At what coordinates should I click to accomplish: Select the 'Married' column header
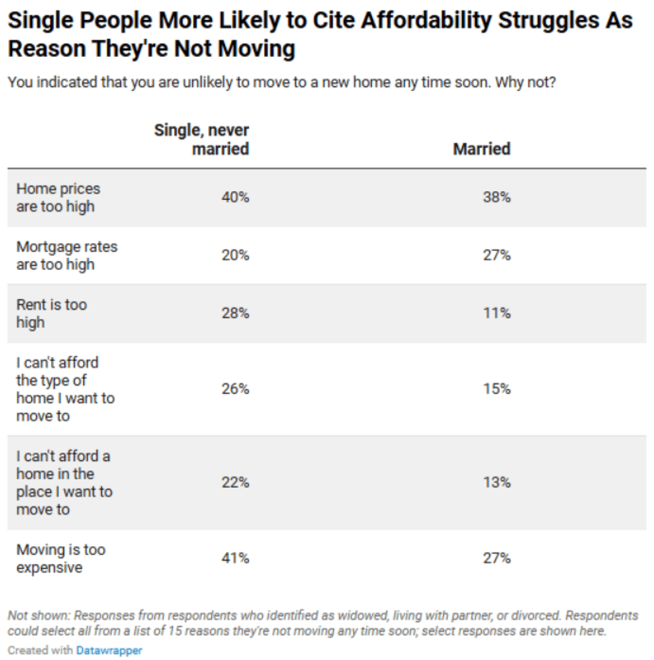point(481,149)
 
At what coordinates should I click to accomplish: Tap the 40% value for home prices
point(235,197)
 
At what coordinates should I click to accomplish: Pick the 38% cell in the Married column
point(497,197)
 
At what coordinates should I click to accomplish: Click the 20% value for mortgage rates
point(235,255)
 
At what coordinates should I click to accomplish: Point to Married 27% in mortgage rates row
point(497,255)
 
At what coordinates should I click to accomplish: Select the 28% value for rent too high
point(235,313)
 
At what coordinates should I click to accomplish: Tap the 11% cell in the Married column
point(497,313)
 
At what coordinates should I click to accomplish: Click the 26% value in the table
point(235,389)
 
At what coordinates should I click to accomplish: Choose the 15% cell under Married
point(497,389)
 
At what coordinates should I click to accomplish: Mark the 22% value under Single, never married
point(235,483)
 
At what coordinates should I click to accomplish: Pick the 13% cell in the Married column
point(497,483)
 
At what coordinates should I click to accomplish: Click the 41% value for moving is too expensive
point(235,558)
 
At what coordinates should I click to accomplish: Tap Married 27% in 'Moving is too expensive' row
point(497,558)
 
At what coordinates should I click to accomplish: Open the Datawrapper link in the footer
point(109,650)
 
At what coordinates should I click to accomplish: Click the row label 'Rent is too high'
point(51,313)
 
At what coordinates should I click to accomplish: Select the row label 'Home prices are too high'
point(58,197)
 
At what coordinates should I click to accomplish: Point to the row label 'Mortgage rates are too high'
point(66,255)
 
